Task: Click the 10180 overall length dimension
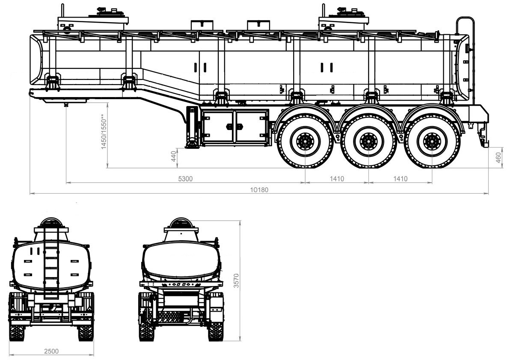pyautogui.click(x=259, y=190)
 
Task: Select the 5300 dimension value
pyautogui.click(x=185, y=179)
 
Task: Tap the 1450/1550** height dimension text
pyautogui.click(x=104, y=132)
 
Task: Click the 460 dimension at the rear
pyautogui.click(x=499, y=158)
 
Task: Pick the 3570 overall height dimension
pyautogui.click(x=236, y=280)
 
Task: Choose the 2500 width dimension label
pyautogui.click(x=51, y=351)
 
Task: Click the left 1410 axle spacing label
pyautogui.click(x=337, y=179)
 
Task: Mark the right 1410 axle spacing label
pyautogui.click(x=400, y=179)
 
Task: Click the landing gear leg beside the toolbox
pyautogui.click(x=193, y=127)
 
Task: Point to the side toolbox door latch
pyautogui.click(x=234, y=126)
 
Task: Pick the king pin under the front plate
pyautogui.click(x=66, y=105)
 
